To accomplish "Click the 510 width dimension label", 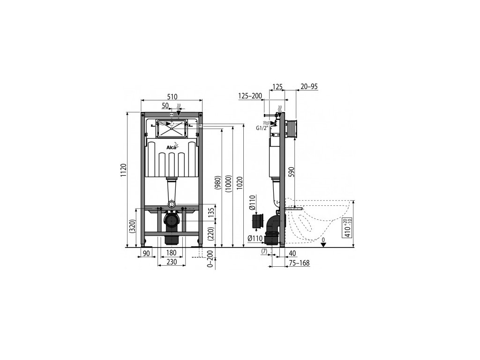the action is click(172, 97).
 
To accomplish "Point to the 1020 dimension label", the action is click(240, 184).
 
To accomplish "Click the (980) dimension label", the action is click(217, 183).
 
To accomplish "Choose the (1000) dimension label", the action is click(229, 184).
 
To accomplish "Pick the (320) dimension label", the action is click(132, 227).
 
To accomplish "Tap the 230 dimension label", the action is click(172, 262).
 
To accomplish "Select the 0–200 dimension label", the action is click(210, 259).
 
